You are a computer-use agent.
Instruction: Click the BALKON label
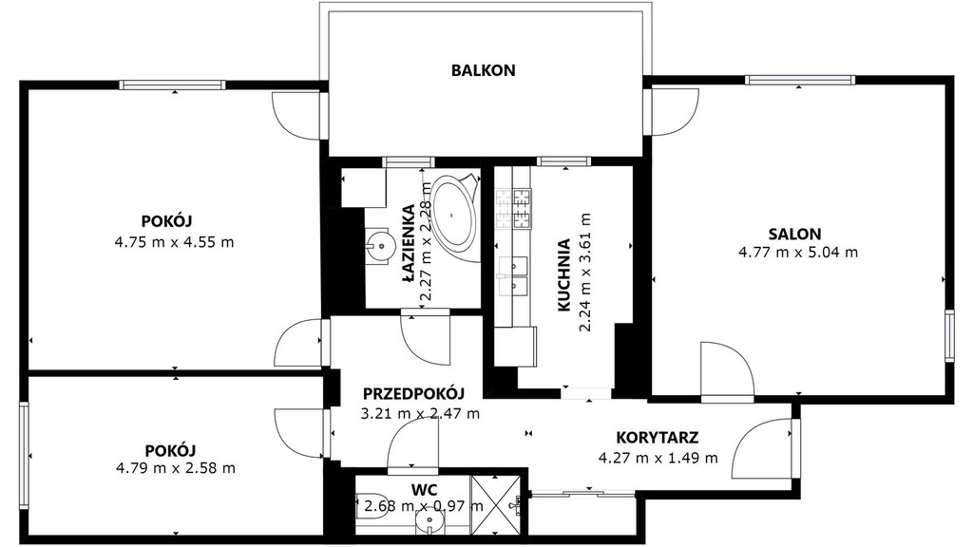483,70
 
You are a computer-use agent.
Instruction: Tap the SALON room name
794,234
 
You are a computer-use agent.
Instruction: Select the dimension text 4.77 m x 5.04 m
798,253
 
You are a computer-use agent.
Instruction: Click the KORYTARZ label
658,437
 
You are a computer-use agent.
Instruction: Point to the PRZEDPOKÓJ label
413,393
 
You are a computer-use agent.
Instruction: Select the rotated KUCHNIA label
563,274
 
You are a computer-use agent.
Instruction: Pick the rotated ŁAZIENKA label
408,244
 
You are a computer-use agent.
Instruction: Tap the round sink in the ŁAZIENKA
379,245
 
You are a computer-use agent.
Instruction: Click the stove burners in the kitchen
513,208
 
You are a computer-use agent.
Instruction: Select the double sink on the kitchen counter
513,275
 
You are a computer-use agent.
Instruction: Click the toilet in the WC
368,505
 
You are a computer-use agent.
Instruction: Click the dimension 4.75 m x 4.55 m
175,242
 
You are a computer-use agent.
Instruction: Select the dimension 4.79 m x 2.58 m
176,468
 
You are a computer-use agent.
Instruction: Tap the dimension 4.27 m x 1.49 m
658,459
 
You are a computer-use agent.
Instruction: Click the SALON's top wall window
800,80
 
